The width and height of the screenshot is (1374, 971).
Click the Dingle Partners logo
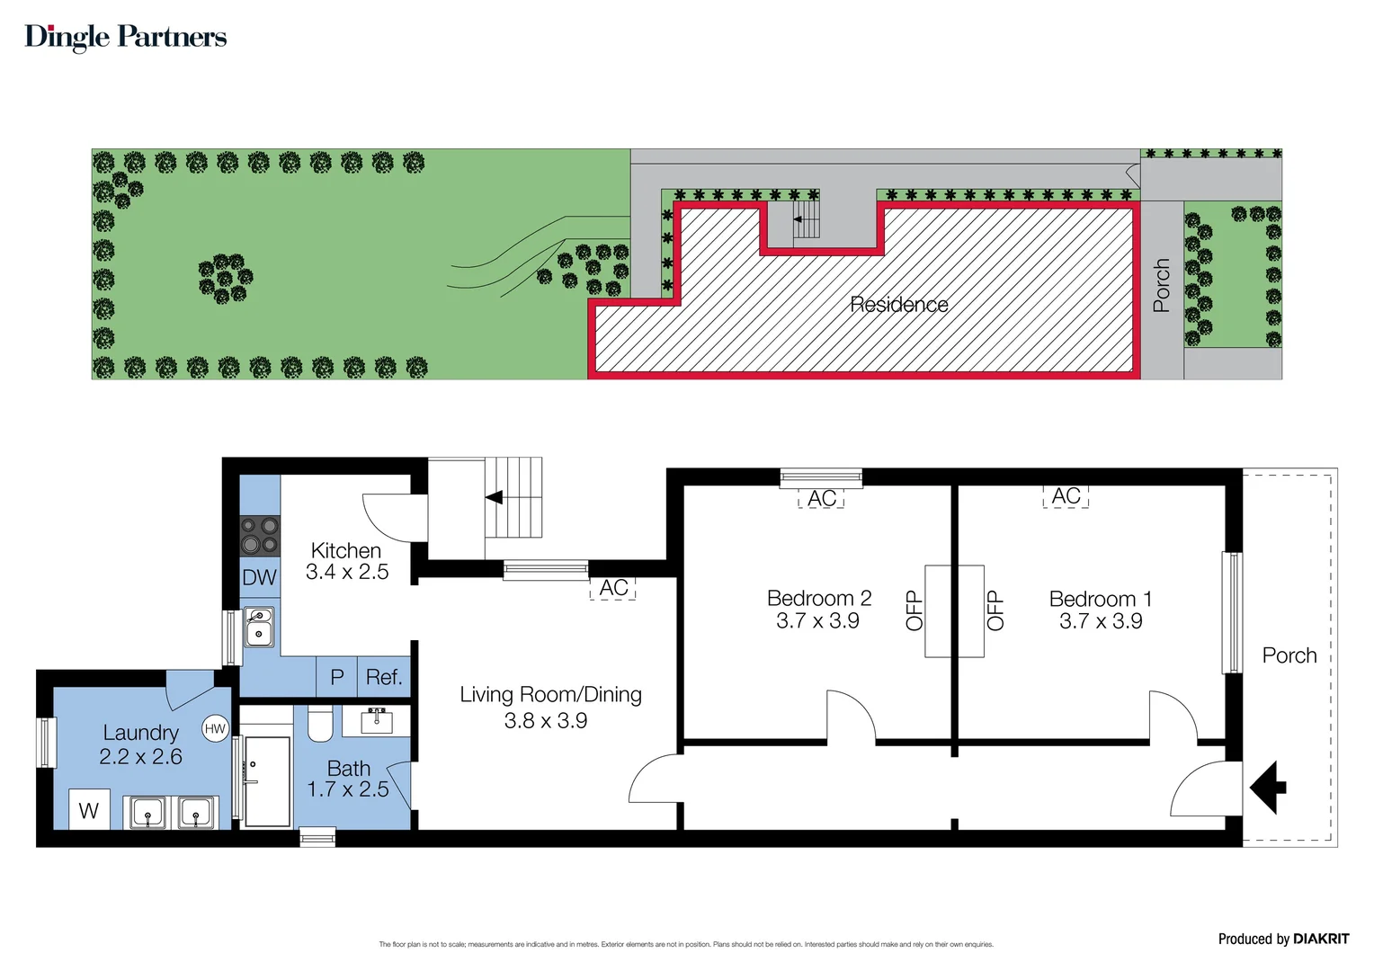coord(125,37)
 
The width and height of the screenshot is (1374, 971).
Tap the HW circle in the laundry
coord(215,729)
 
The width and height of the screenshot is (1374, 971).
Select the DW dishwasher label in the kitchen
coord(260,578)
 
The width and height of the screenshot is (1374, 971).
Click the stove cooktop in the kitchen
coord(260,535)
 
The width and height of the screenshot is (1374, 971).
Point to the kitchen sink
coord(259,626)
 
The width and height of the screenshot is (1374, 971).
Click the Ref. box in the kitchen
coord(384,677)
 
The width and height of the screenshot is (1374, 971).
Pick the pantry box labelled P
coord(337,677)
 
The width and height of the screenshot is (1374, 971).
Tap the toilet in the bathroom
coord(320,724)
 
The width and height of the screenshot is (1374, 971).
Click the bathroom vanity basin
coord(377,720)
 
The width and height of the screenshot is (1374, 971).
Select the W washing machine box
coord(89,810)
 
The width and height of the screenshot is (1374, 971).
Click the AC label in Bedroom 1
coord(1066,496)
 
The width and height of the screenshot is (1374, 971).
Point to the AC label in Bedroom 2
coord(821,498)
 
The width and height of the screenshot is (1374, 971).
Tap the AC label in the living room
coord(613,588)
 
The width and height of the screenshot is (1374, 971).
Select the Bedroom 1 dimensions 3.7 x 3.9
coord(1101,621)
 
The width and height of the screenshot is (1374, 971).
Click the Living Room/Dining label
coord(550,694)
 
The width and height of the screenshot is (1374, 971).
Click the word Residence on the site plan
coord(898,305)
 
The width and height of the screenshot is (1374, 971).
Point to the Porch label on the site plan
coord(1162,285)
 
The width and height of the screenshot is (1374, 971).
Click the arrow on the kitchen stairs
coord(494,497)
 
